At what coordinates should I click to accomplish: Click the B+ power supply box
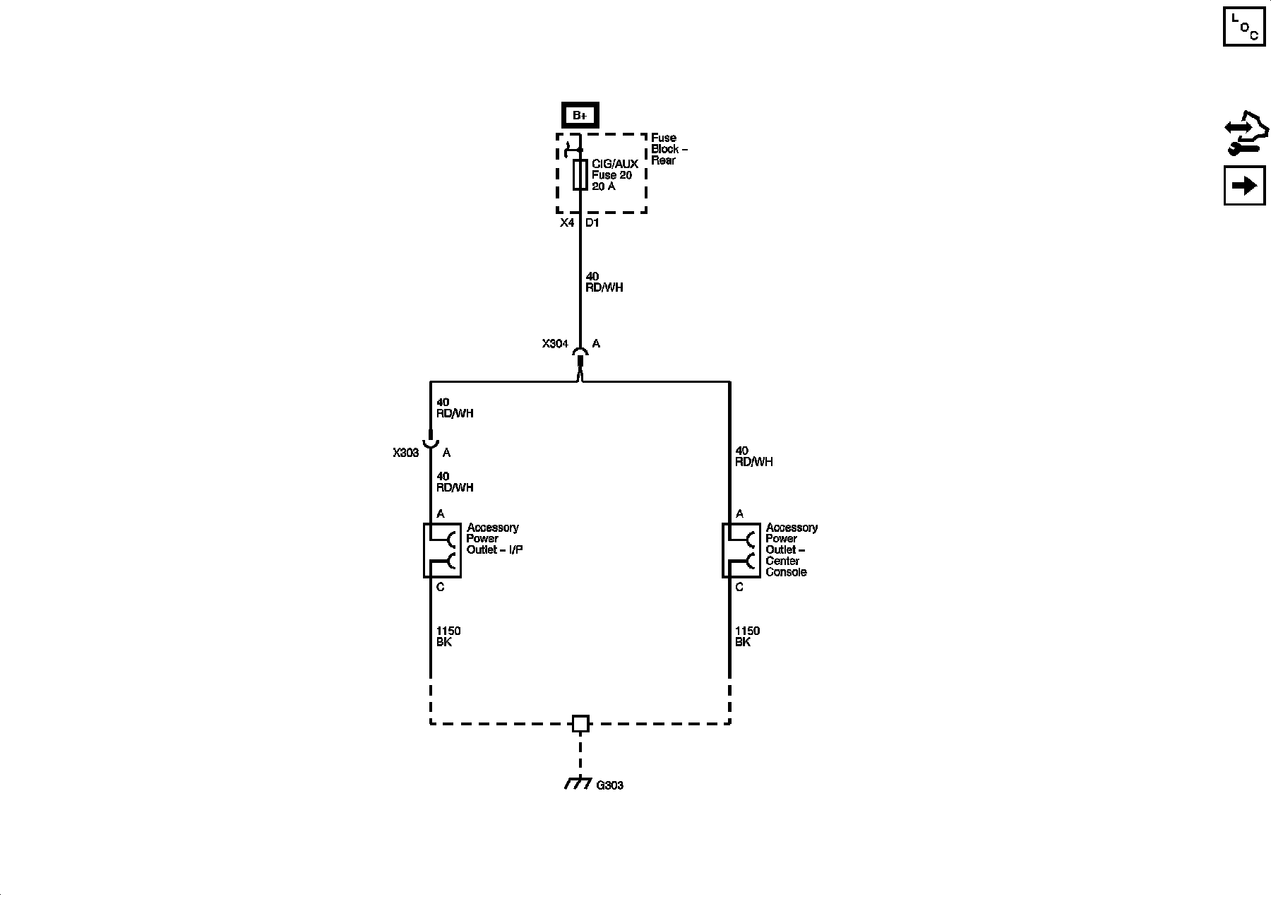(x=580, y=115)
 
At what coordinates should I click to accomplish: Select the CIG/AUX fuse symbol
(x=580, y=174)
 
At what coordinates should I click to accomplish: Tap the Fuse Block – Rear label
(x=668, y=149)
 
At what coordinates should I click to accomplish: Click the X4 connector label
(x=567, y=223)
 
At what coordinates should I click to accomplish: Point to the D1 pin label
(x=592, y=223)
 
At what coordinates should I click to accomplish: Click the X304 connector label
(x=555, y=344)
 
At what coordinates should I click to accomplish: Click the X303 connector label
(x=406, y=453)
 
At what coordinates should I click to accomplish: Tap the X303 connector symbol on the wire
(x=431, y=441)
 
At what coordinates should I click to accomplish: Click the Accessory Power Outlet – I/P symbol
(x=442, y=550)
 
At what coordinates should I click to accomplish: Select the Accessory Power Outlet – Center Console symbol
(x=741, y=550)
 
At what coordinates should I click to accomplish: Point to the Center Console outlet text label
(x=791, y=550)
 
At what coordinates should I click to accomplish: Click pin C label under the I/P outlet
(x=441, y=587)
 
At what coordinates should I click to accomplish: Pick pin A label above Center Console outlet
(x=739, y=514)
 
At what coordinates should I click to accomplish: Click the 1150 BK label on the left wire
(x=448, y=636)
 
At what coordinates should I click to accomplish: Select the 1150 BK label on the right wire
(x=747, y=636)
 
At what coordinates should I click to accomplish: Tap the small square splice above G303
(x=580, y=723)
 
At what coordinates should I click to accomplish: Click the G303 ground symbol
(x=578, y=783)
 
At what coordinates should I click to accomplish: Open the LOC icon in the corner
(x=1244, y=27)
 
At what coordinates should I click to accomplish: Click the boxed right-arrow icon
(x=1244, y=186)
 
